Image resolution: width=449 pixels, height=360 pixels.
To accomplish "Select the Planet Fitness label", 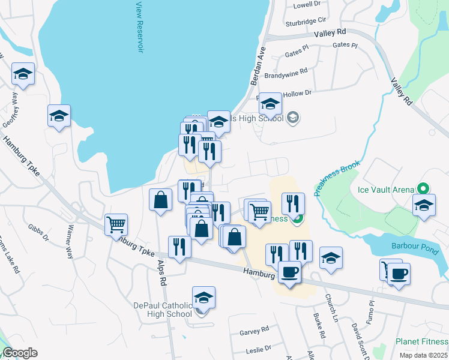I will pos(420,342).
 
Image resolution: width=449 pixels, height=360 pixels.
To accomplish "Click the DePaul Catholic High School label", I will pos(162,309).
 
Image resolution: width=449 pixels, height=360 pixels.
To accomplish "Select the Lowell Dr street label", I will pos(307,5).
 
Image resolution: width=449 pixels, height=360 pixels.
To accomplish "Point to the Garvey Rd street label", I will pos(254,331).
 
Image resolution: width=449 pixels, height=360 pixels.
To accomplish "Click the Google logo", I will pos(20,353).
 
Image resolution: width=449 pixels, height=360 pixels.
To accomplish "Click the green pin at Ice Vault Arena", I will pos(425,190).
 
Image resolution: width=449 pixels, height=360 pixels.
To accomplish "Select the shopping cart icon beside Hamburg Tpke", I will pos(115,224).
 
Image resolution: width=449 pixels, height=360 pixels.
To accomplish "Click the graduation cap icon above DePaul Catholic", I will pos(204,297).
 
